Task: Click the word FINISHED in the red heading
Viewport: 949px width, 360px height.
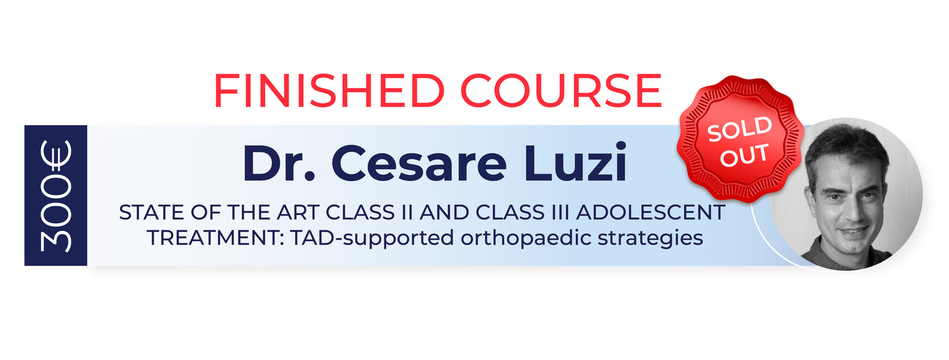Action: tap(329, 90)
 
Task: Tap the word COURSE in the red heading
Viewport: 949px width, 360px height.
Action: tap(561, 90)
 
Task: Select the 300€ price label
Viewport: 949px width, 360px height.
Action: tap(56, 196)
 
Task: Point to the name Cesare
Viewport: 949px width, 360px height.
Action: tap(419, 163)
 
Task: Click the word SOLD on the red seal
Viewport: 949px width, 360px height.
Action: tap(740, 129)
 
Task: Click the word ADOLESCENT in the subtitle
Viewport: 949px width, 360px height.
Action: tap(650, 212)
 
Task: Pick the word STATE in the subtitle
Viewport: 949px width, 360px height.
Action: tap(152, 212)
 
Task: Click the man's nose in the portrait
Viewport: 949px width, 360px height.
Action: tap(849, 208)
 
